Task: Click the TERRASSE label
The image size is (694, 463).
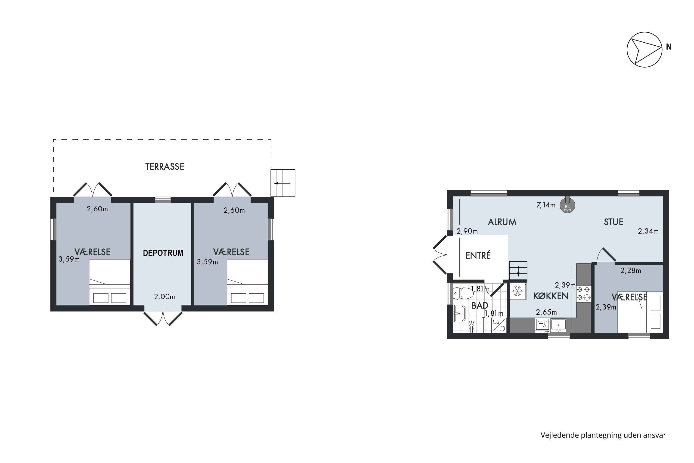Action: [165, 166]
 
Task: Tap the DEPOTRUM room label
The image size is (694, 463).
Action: [163, 253]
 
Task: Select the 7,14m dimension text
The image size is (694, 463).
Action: [545, 205]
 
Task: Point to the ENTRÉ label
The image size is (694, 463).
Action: [478, 255]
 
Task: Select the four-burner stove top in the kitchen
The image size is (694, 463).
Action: [583, 294]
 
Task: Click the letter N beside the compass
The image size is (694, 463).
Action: [669, 47]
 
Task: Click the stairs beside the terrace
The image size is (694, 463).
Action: [283, 183]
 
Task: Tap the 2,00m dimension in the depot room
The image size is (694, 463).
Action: [164, 297]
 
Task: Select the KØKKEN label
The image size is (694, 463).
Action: [551, 296]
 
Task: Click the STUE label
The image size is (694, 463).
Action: [613, 222]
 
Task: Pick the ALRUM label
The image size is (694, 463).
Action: [502, 222]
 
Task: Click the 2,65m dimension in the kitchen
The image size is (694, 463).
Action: [546, 312]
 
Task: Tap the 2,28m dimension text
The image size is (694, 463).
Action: [631, 270]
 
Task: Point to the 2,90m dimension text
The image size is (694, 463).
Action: [467, 231]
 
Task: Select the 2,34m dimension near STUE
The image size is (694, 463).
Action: [648, 231]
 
